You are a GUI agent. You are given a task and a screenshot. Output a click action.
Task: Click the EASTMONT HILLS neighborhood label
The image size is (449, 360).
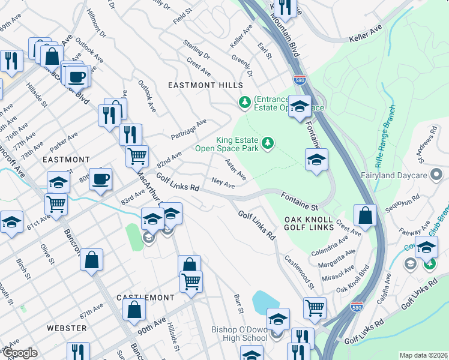205,86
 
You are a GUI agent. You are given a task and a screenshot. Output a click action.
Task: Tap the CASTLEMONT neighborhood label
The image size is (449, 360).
145,298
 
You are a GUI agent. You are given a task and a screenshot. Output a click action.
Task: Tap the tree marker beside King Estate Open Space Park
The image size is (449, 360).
269,142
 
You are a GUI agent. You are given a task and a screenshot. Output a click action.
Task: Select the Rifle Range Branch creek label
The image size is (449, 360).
384,136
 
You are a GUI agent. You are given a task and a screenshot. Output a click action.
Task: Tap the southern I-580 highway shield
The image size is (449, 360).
357,306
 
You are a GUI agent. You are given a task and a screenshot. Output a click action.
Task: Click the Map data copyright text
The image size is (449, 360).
423,355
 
